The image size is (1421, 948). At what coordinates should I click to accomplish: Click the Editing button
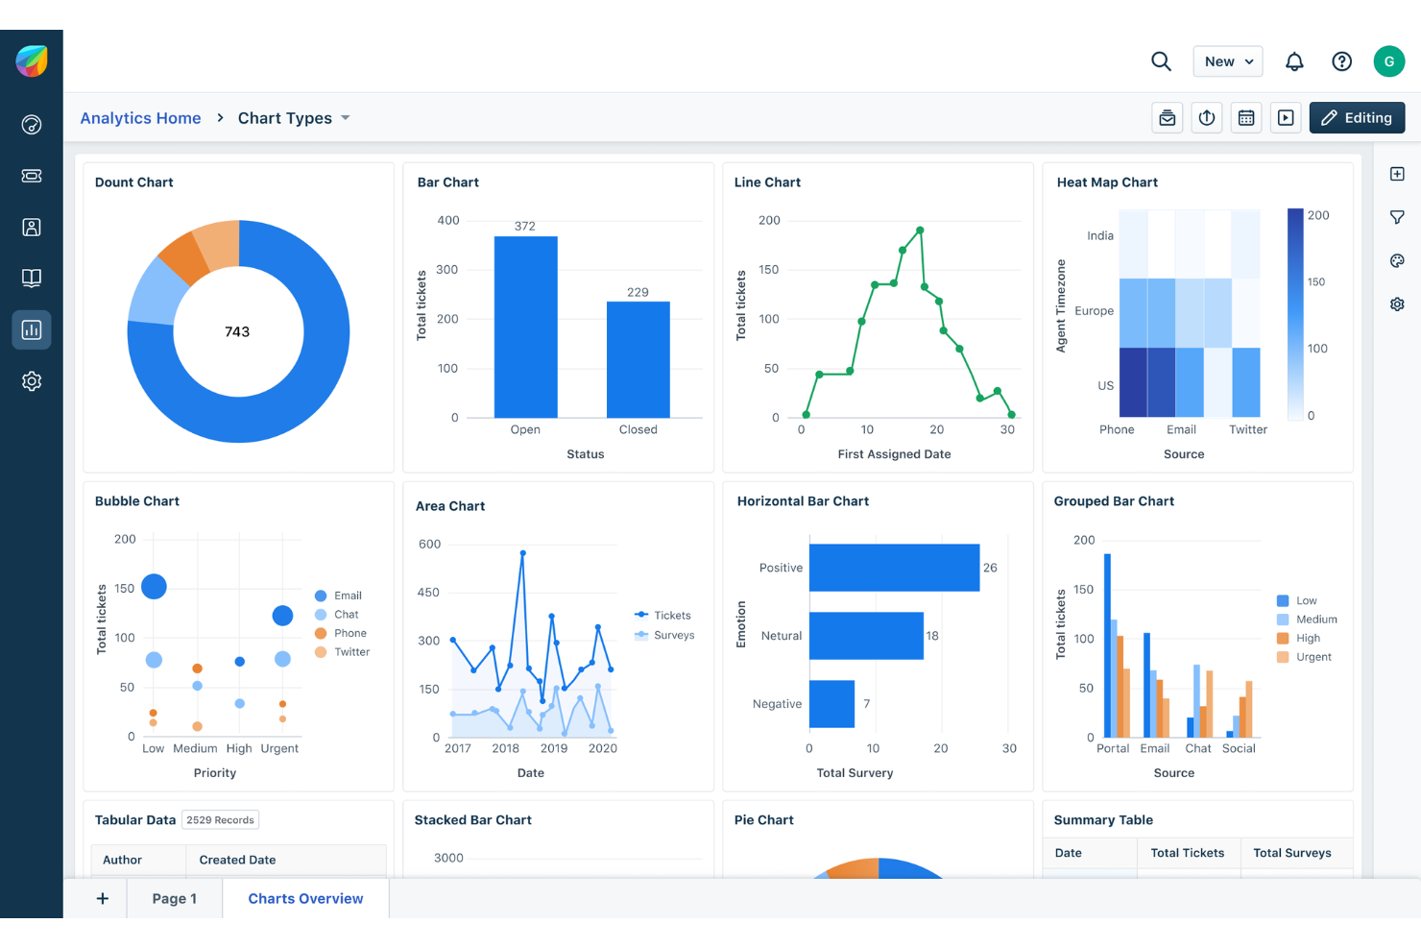[x=1357, y=117]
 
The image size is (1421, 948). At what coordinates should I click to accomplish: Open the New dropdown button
[x=1227, y=61]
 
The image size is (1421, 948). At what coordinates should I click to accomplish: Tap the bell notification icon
[x=1294, y=61]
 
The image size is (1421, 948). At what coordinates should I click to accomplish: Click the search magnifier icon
[x=1161, y=61]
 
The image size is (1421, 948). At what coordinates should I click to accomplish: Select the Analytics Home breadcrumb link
[x=140, y=118]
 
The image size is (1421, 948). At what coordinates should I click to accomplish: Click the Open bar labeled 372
[x=525, y=327]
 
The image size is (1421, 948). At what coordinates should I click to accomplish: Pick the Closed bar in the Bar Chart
[x=638, y=360]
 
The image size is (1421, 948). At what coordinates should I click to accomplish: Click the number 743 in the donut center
[x=237, y=331]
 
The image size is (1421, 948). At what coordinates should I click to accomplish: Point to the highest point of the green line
[x=920, y=231]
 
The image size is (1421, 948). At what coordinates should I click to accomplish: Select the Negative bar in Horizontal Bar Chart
[x=831, y=704]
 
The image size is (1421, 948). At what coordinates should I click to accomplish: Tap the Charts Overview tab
[x=305, y=899]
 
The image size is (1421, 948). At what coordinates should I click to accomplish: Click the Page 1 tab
[x=174, y=899]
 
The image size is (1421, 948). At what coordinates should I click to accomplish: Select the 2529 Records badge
[x=220, y=820]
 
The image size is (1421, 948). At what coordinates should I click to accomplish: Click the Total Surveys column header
[x=1291, y=853]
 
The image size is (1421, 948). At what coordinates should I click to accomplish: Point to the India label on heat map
[x=1100, y=235]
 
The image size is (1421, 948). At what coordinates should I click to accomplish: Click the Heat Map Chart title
[x=1107, y=182]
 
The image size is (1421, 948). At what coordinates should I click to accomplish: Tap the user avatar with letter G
[x=1388, y=61]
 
